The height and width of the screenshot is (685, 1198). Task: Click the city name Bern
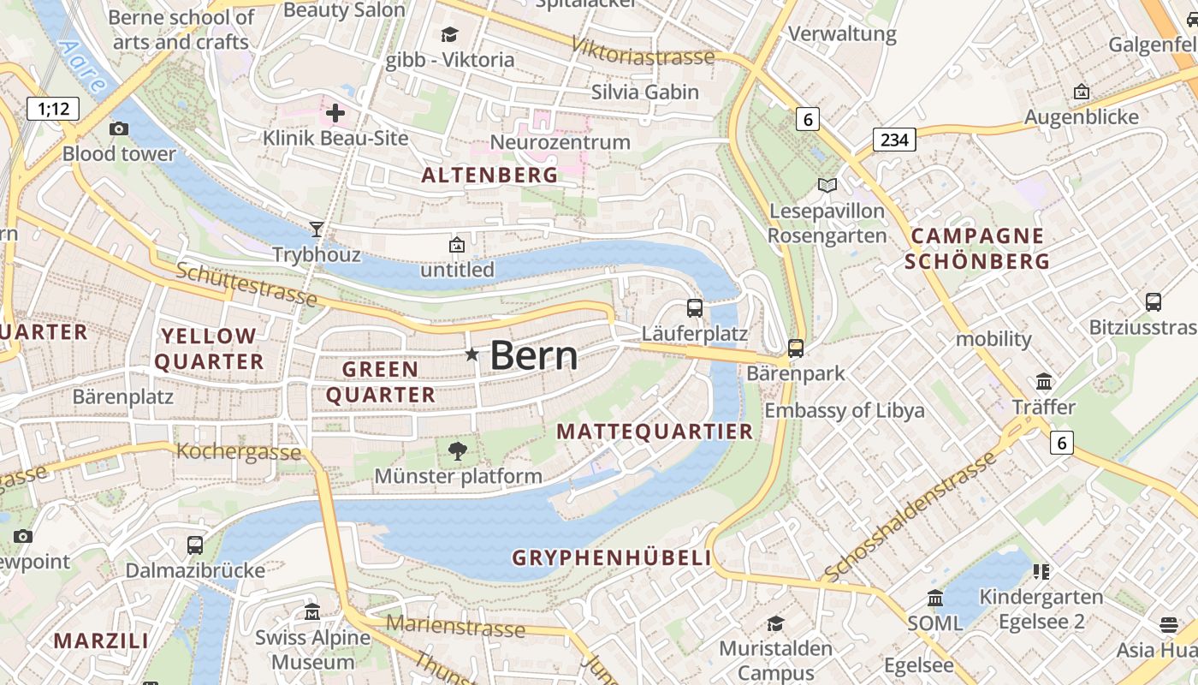(x=533, y=355)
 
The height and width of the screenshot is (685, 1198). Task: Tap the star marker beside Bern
(x=471, y=354)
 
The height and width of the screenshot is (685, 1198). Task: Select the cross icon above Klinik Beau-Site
(x=335, y=112)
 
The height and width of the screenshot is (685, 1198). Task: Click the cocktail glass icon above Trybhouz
(x=317, y=229)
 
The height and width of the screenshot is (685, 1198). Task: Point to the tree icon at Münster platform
(x=458, y=450)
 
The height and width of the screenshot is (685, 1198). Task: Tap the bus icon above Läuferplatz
(x=695, y=307)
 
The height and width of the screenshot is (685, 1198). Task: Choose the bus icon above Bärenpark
(x=796, y=348)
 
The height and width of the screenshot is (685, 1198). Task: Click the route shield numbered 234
(x=894, y=140)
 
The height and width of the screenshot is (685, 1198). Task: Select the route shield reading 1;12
(x=53, y=109)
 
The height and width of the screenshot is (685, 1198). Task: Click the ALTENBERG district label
(x=489, y=176)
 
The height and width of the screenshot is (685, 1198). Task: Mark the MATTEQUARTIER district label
(x=655, y=432)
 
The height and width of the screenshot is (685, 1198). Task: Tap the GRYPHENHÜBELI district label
(x=612, y=558)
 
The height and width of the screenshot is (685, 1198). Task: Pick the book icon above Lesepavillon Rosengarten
(x=827, y=185)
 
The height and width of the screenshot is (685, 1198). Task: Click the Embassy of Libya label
(x=844, y=410)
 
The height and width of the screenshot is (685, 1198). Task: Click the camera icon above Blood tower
(x=119, y=128)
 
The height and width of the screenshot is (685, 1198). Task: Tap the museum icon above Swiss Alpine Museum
(x=312, y=612)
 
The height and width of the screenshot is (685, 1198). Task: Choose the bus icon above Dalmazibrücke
(x=195, y=545)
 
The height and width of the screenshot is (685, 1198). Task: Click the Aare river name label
(x=83, y=65)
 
